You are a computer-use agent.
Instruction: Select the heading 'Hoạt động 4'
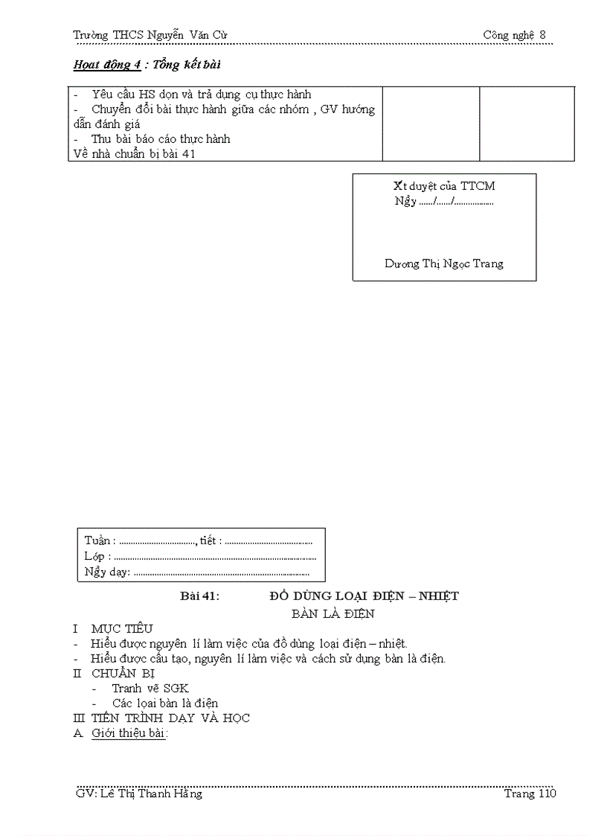pyautogui.click(x=107, y=65)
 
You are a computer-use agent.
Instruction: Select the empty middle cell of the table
pyautogui.click(x=431, y=124)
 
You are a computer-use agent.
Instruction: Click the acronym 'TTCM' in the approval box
pyautogui.click(x=478, y=186)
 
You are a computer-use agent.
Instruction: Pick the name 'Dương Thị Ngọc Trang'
pyautogui.click(x=444, y=264)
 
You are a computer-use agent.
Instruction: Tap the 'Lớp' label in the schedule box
pyautogui.click(x=95, y=556)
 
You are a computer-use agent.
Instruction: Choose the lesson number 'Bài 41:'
pyautogui.click(x=200, y=596)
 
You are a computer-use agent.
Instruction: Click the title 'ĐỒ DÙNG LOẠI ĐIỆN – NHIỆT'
pyautogui.click(x=364, y=596)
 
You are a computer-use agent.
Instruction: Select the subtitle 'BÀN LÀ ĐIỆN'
pyautogui.click(x=333, y=614)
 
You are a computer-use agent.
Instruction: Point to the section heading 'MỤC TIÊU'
pyautogui.click(x=122, y=629)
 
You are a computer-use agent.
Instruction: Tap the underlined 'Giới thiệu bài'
pyautogui.click(x=129, y=733)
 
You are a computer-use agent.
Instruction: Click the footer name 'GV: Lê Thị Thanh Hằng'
pyautogui.click(x=139, y=794)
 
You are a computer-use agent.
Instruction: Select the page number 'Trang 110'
pyautogui.click(x=530, y=794)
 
